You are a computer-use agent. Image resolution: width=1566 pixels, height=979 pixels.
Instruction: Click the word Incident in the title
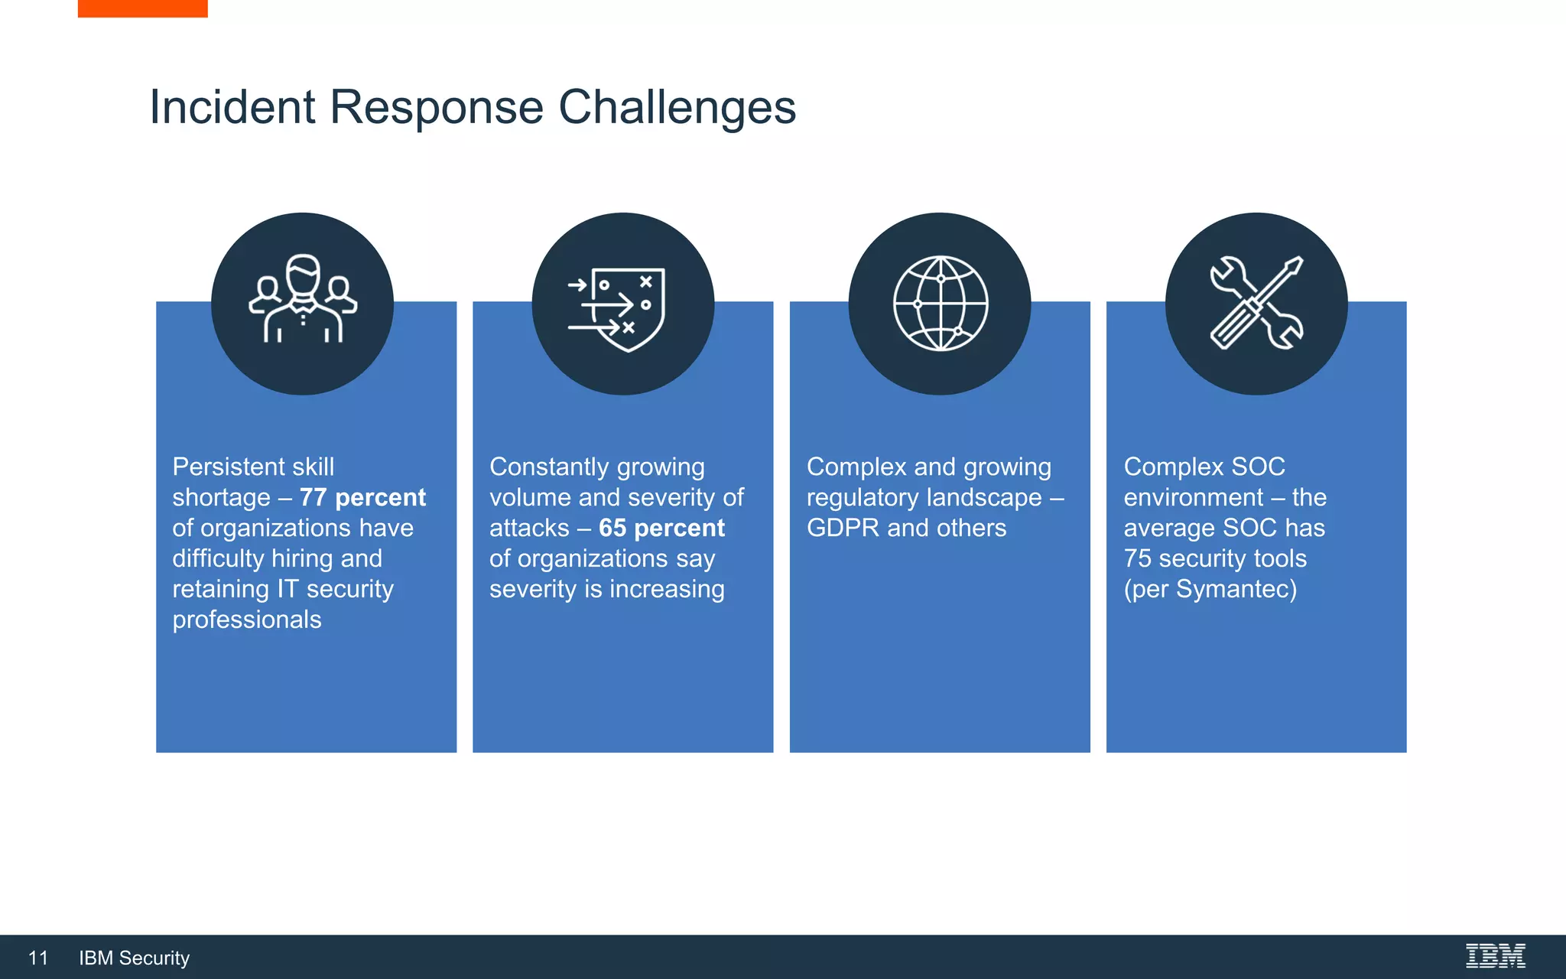pos(232,107)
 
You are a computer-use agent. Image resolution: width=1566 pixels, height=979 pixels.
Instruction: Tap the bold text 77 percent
pos(362,498)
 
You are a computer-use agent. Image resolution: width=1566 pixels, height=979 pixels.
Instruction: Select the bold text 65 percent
pos(661,529)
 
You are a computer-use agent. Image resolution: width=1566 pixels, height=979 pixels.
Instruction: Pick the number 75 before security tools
pos(1137,559)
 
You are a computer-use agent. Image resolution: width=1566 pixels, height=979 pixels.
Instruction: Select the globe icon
pos(941,303)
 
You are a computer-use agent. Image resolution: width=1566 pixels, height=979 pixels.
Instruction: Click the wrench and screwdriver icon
pos(1256,303)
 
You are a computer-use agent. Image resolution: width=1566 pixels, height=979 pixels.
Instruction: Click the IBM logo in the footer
pos(1495,956)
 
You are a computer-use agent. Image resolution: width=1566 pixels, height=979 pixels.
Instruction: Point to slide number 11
pos(38,958)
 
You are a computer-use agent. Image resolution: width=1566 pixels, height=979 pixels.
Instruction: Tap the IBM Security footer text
pos(134,958)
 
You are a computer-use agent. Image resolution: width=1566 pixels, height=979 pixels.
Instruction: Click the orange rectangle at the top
pos(142,8)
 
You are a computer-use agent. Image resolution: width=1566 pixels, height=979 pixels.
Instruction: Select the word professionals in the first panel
pos(247,620)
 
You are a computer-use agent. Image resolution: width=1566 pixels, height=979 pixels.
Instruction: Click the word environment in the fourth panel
pos(1193,498)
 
